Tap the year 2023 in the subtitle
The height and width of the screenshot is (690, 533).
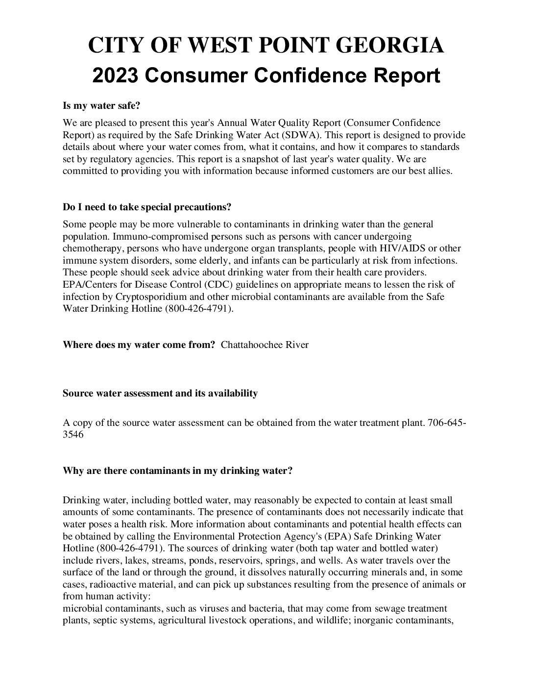click(115, 76)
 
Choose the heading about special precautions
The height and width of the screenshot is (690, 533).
click(147, 207)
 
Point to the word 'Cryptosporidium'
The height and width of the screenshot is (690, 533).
click(150, 297)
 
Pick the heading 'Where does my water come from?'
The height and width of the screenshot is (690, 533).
click(139, 345)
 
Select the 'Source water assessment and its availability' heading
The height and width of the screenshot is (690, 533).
click(160, 393)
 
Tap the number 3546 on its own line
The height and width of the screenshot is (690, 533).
click(73, 434)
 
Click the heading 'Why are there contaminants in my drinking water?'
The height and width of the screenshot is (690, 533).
click(177, 471)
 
